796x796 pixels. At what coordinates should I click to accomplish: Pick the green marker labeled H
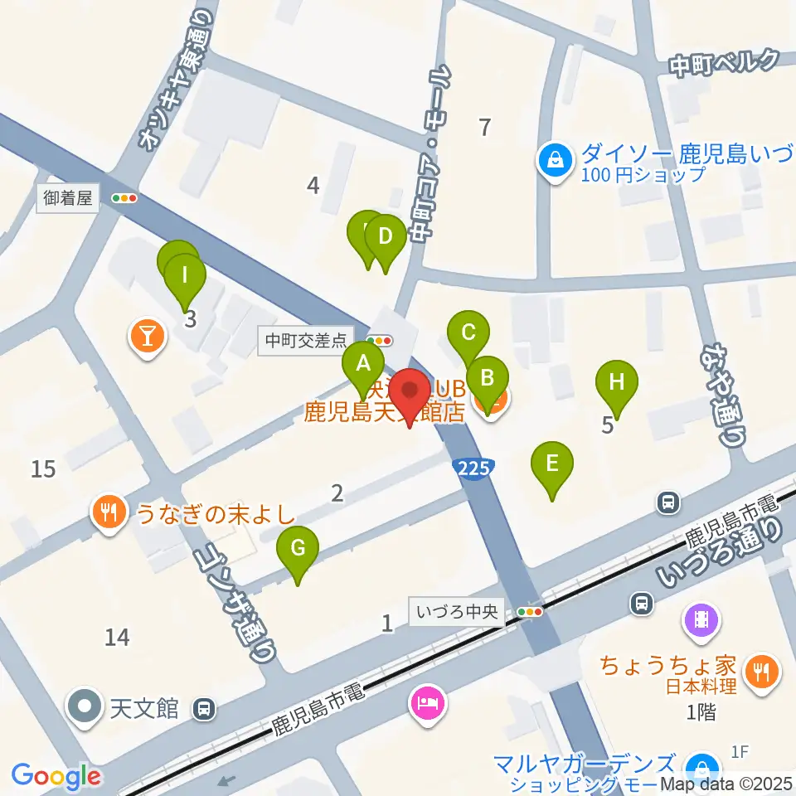(x=617, y=382)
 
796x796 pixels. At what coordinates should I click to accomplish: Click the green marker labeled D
(x=385, y=237)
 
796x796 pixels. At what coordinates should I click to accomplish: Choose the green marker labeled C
(x=468, y=333)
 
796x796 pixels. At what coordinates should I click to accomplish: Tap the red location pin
(x=410, y=390)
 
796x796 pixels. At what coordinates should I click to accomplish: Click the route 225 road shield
(x=473, y=468)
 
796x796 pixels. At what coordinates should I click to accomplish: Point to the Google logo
(x=56, y=775)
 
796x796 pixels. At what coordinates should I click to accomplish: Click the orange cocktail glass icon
(x=147, y=336)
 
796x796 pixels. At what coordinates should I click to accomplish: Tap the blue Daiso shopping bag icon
(x=556, y=158)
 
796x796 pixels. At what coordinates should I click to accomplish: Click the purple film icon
(x=701, y=618)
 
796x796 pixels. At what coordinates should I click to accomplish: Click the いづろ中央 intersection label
(x=458, y=612)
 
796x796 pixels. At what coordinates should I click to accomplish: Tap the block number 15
(x=43, y=469)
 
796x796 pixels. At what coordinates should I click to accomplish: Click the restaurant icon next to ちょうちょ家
(x=760, y=671)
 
